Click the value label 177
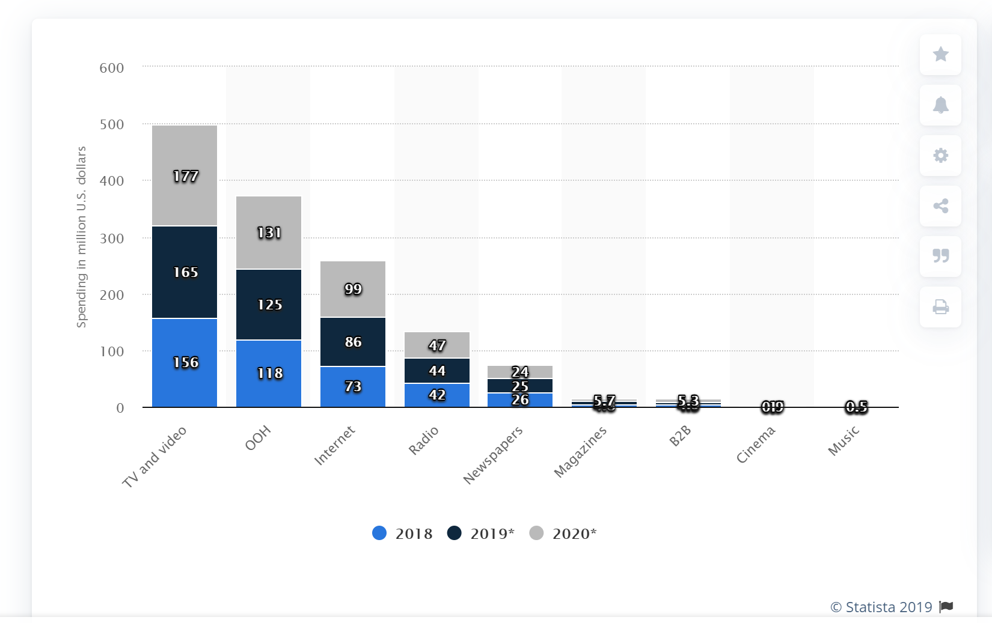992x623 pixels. click(x=186, y=176)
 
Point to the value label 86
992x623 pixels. click(x=353, y=342)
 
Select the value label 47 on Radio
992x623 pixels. click(x=437, y=345)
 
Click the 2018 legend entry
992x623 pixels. click(x=403, y=533)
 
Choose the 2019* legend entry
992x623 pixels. click(x=481, y=533)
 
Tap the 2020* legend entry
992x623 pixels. click(x=563, y=533)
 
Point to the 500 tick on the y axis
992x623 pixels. click(x=112, y=124)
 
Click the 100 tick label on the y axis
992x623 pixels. click(x=112, y=351)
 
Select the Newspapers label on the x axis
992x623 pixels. click(x=493, y=455)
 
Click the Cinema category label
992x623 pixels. click(x=756, y=445)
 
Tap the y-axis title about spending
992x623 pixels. click(x=81, y=237)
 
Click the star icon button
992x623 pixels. click(x=940, y=55)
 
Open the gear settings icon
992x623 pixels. click(x=940, y=156)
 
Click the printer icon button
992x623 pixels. click(x=940, y=307)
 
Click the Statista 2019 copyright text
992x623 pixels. click(x=881, y=607)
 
